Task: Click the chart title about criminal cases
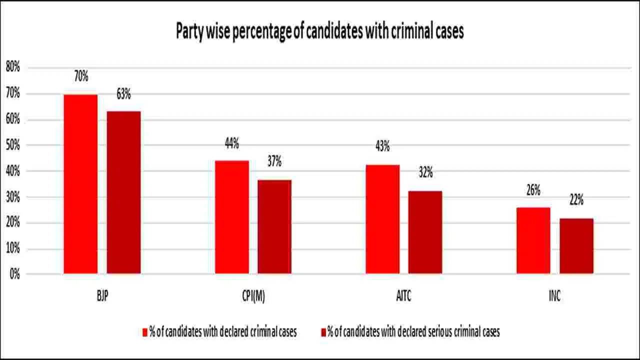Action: coord(320,31)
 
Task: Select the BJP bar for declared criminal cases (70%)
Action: coord(80,184)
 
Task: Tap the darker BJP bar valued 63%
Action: coord(123,192)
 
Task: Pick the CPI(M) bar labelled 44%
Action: coord(231,217)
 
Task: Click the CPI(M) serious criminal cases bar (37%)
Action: coord(274,226)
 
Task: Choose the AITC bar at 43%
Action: coord(382,219)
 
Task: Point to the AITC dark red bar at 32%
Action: coord(425,232)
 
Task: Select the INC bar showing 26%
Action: coord(533,240)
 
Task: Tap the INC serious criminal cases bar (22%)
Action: coord(576,246)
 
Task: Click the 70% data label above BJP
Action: coord(81,76)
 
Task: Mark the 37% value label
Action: coord(274,161)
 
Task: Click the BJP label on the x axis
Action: coord(102,296)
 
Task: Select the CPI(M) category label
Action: coord(252,296)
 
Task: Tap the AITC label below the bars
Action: coord(403,296)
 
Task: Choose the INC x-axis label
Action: coord(554,296)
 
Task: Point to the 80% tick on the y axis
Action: coord(12,67)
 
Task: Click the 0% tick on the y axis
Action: coord(14,274)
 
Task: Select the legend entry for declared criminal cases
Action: coord(219,332)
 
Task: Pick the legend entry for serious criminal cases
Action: coord(410,332)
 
